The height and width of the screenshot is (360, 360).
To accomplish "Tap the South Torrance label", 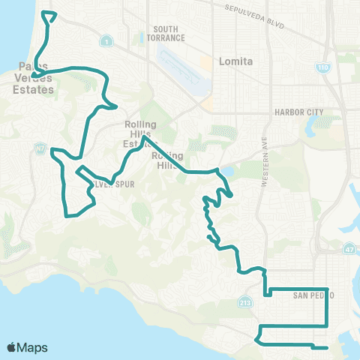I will coord(165,34).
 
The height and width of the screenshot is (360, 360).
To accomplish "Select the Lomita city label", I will coord(232,62).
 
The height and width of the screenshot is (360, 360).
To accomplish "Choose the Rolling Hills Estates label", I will coord(140,133).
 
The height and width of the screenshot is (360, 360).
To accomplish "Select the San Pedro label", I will coord(310,295).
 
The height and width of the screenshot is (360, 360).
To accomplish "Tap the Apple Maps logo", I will coord(27,346).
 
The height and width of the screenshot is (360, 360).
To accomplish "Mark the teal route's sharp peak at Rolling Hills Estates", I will coord(143,137).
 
